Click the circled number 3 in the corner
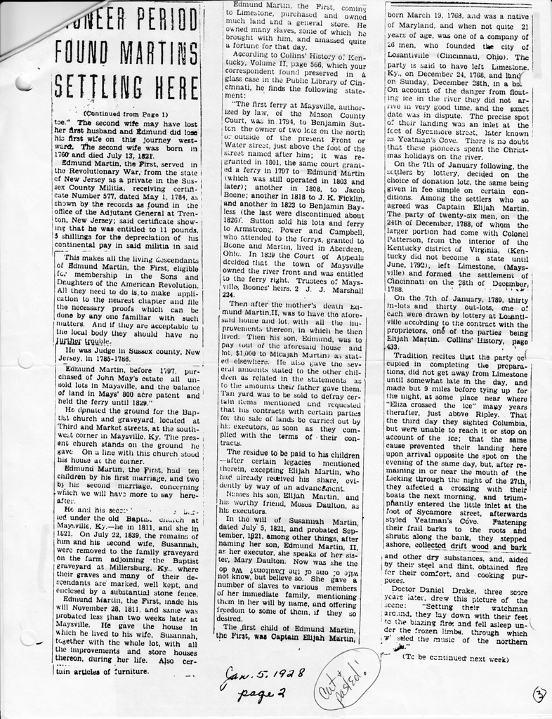(x=539, y=694)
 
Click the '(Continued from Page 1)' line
(x=125, y=113)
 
